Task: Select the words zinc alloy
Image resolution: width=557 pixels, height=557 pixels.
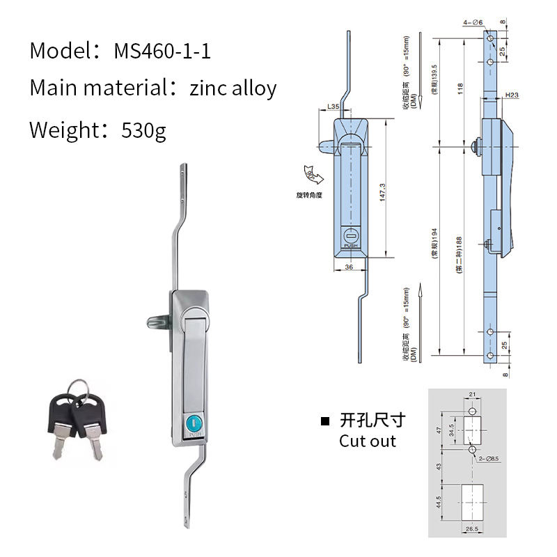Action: [x=233, y=88]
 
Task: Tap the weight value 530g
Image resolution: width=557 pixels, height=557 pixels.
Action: [x=143, y=130]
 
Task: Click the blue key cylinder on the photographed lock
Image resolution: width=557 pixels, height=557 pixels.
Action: [x=193, y=423]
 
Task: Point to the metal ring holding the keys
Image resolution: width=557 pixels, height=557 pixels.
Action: [x=81, y=386]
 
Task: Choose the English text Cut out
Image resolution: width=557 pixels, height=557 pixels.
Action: [x=367, y=441]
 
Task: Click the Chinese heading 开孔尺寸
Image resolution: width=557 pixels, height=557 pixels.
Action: [x=372, y=421]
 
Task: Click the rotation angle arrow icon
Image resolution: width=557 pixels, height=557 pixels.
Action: [x=309, y=174]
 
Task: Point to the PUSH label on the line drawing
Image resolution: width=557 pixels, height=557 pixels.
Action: [x=350, y=245]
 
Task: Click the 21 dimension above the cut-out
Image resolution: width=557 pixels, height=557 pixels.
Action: [x=471, y=395]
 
